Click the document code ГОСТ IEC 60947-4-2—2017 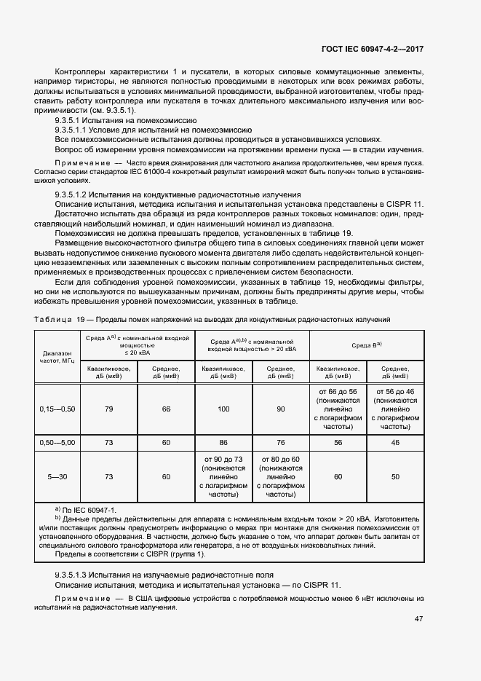pos(371,49)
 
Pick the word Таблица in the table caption pos(53,319)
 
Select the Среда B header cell pos(367,342)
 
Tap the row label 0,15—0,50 pos(57,409)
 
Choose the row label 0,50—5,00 pos(57,442)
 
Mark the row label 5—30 pos(57,476)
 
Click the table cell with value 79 pos(108,409)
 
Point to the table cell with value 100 pos(223,409)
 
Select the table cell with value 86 pos(223,442)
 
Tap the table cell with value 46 pos(395,442)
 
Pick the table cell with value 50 pos(395,476)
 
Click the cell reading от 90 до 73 pos(223,460)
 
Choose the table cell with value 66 pos(166,409)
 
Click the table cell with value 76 pos(281,442)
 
